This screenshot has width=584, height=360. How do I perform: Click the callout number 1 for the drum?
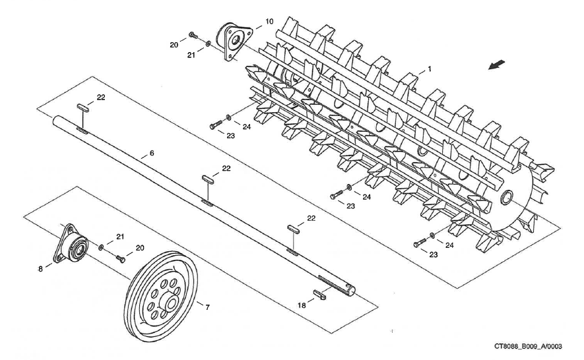pos(429,69)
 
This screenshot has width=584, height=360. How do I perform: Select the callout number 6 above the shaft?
pos(152,153)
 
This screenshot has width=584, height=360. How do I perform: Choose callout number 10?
pos(269,22)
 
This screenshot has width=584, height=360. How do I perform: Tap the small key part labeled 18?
pos(320,294)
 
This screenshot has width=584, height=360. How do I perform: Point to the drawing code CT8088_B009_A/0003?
pos(533,345)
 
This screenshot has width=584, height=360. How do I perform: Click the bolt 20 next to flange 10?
pos(192,34)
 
